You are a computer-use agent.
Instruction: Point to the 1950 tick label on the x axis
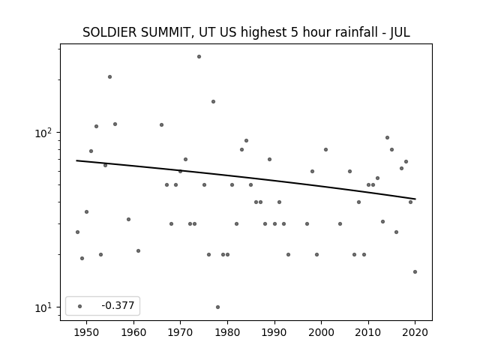87,332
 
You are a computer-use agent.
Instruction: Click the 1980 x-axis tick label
227,332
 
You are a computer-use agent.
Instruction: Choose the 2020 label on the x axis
415,332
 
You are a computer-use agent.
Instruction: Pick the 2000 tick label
321,332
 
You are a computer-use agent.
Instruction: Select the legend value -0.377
118,305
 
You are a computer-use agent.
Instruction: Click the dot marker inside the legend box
80,306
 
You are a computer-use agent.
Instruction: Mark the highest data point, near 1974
199,57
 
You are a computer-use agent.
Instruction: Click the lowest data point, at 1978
217,307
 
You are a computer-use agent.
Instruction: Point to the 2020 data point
415,271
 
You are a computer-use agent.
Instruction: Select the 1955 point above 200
110,76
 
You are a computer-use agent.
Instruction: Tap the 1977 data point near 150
213,102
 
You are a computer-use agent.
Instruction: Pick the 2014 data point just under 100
387,138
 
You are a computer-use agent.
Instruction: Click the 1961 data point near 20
138,250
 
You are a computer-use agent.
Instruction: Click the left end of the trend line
76,160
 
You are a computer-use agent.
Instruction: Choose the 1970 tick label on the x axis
180,332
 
